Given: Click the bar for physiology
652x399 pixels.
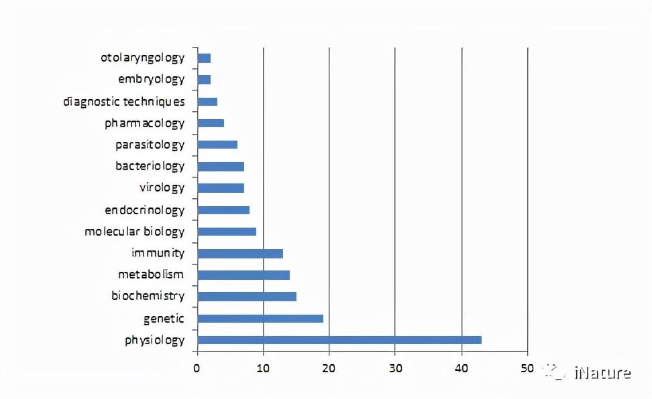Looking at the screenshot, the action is point(339,340).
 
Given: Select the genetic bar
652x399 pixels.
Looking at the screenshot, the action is point(260,319).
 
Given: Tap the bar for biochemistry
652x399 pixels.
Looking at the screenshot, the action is point(247,297).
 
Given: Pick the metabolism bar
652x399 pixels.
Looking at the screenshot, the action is point(243,275).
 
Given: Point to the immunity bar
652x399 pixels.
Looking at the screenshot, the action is point(240,253).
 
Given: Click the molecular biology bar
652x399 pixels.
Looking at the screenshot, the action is point(227,232).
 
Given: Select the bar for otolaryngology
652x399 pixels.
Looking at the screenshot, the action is point(204,58).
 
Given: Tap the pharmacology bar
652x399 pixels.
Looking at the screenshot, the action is point(211,123).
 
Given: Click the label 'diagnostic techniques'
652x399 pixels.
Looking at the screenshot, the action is point(124,102).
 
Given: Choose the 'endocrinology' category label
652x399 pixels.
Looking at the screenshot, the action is point(145,210).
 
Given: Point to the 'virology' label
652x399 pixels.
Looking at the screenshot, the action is point(162,187).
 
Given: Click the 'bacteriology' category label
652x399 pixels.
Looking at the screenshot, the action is point(150,166).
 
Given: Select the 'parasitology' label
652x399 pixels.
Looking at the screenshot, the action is point(150,145).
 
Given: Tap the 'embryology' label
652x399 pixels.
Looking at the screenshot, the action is point(152,79).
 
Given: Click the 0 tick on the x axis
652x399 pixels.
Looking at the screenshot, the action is point(197,368).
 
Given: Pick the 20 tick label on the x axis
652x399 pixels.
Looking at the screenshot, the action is point(329,368).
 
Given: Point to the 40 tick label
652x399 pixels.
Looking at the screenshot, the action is point(461,368).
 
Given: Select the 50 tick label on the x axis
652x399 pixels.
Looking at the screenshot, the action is point(527,368).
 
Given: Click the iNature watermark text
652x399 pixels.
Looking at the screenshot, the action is point(602,373).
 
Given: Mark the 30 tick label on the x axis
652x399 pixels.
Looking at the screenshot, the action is point(395,368).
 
